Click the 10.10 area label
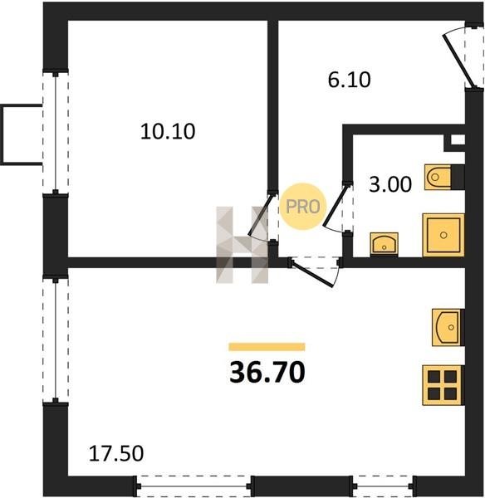168,131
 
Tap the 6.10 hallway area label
349,80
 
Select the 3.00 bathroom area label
390,184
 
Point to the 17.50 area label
116,453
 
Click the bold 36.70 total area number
267,372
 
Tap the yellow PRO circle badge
303,207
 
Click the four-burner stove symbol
443,385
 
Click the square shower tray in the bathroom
443,235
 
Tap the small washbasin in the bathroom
384,244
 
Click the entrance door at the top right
459,61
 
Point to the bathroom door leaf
335,206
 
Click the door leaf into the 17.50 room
313,273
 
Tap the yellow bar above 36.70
267,347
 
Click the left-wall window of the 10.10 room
56,133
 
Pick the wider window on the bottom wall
194,486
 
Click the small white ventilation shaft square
458,139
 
